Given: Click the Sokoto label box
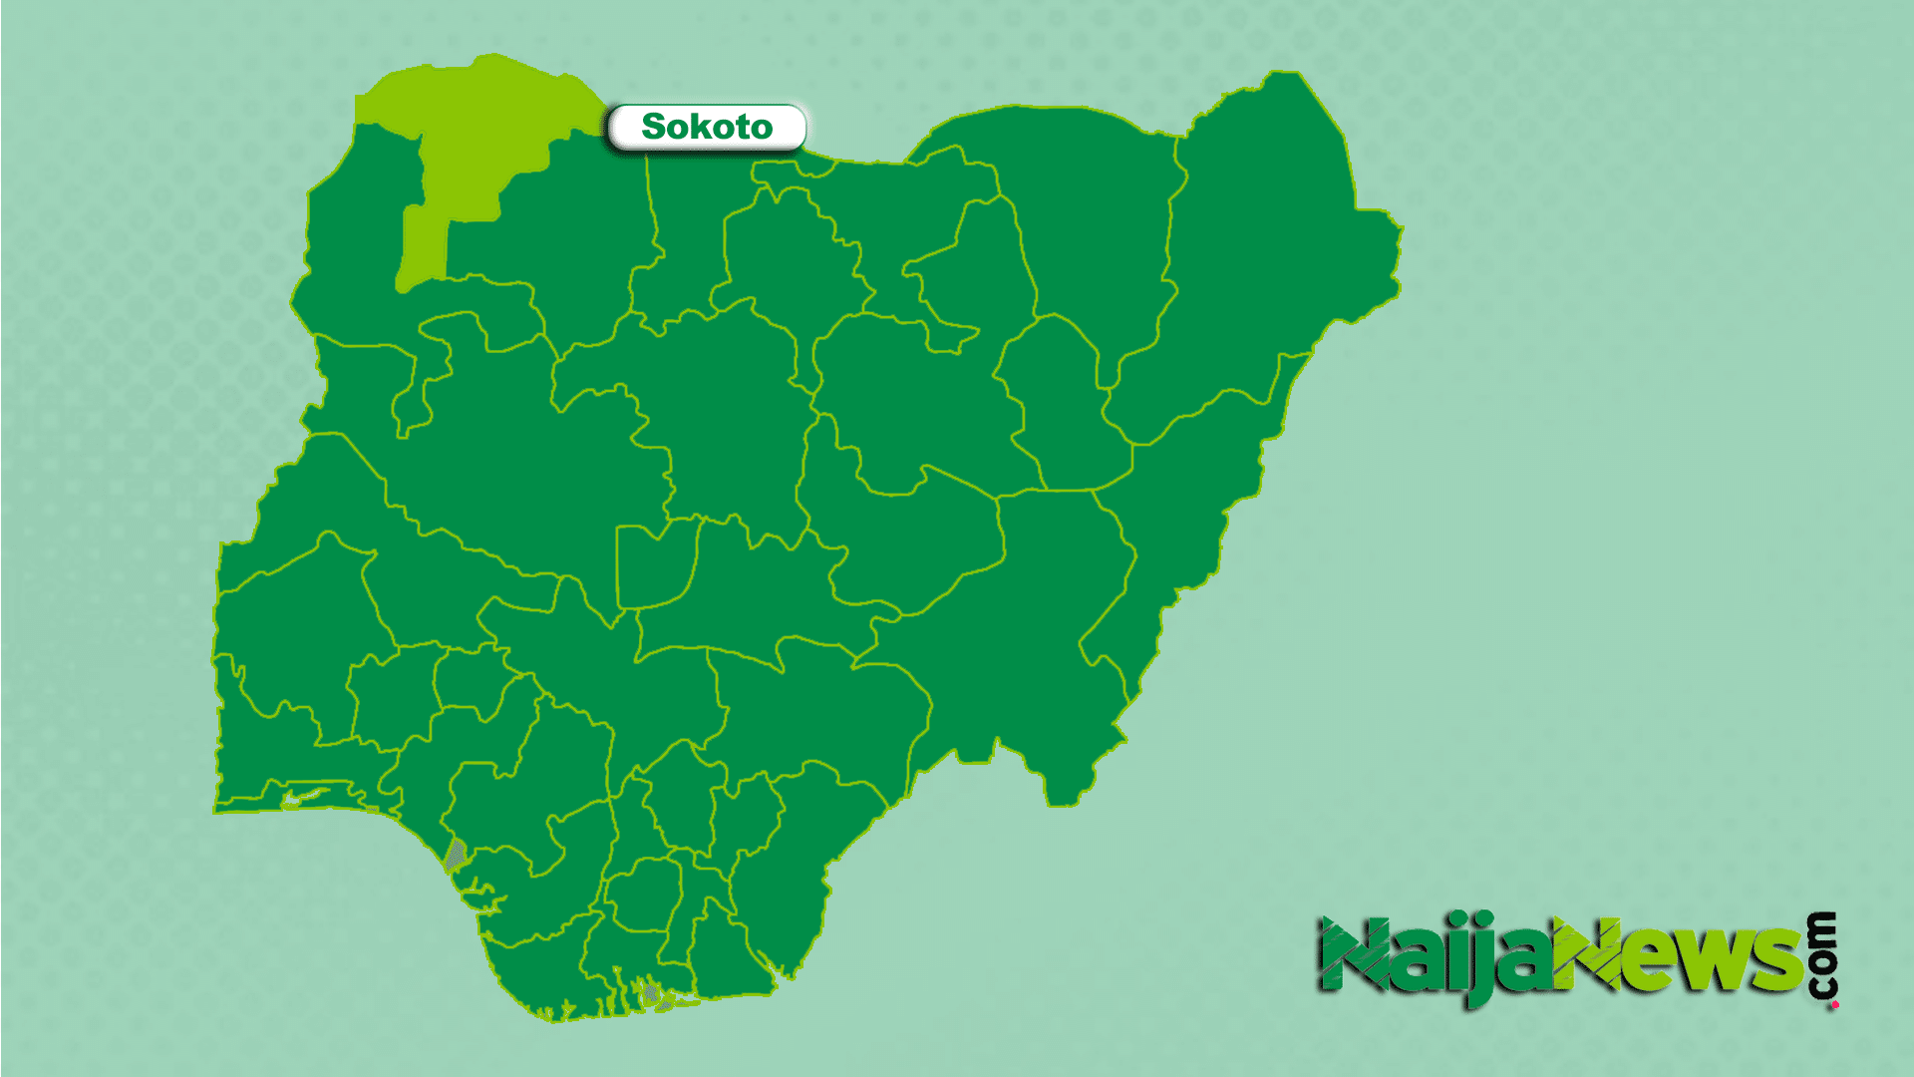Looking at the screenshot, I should coord(707,128).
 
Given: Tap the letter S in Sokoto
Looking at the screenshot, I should coord(653,127).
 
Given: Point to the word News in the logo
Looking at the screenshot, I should coord(1685,959).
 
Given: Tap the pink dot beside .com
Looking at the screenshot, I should coord(1834,1004).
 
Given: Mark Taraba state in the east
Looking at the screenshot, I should coord(1027,638).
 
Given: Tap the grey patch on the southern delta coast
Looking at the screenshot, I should coord(650,993).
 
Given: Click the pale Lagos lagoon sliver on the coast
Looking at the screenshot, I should coord(304,797).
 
